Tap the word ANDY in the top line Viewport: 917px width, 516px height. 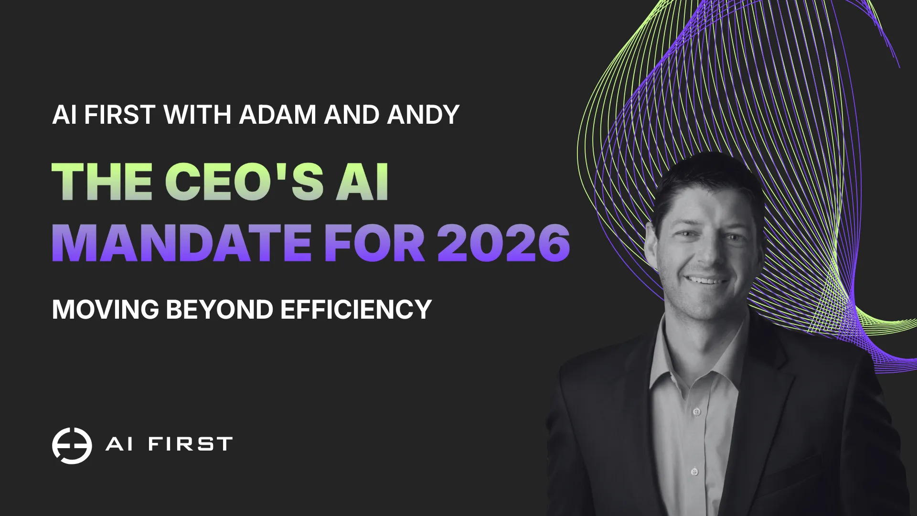click(423, 115)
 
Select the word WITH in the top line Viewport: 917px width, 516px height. click(197, 115)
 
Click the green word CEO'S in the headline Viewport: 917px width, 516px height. click(244, 182)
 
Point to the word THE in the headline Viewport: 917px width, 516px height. click(102, 182)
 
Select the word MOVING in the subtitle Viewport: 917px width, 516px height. click(105, 310)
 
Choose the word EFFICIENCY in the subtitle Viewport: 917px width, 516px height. click(356, 310)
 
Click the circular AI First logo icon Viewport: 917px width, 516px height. click(72, 445)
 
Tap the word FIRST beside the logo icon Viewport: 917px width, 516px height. click(190, 444)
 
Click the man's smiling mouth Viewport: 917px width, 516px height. click(706, 280)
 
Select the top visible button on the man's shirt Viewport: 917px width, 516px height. click(697, 411)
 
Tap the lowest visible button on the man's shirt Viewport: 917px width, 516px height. click(694, 472)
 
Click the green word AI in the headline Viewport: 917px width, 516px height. click(363, 182)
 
